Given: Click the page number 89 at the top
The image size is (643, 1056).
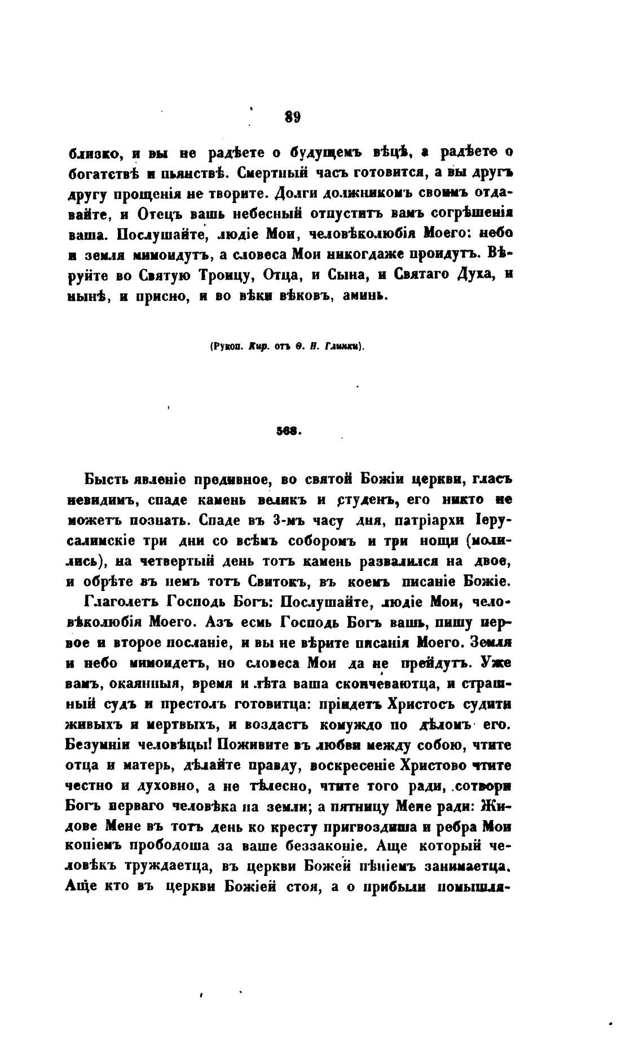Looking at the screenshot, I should (292, 117).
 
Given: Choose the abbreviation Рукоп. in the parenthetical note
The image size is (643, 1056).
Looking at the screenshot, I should (226, 347).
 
